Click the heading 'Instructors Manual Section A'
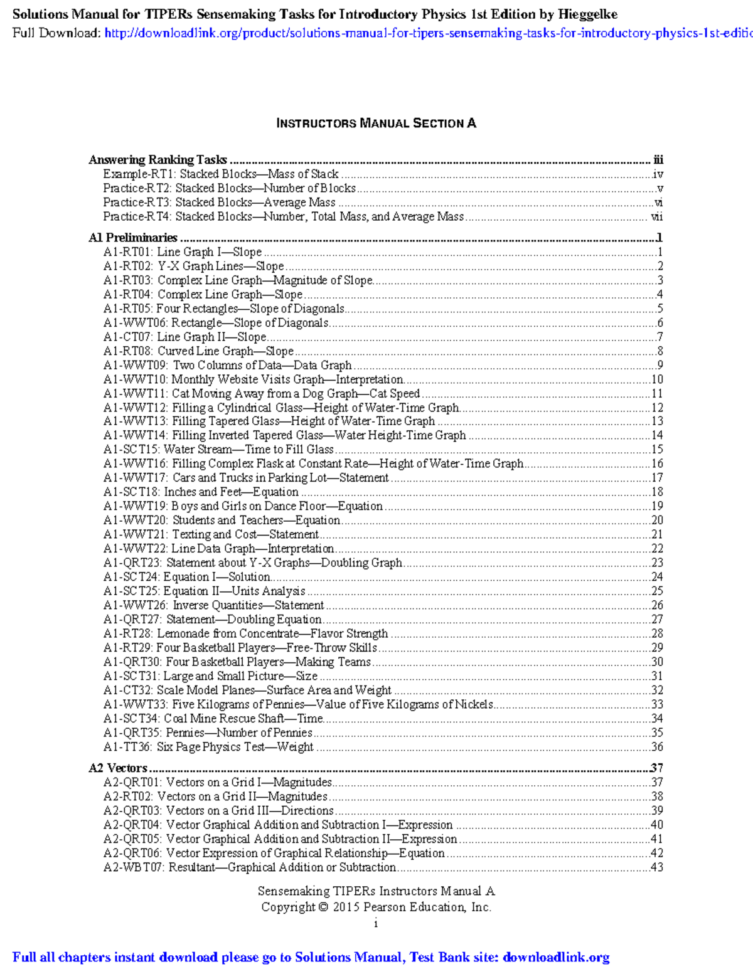pos(376,124)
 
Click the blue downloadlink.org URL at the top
pos(427,33)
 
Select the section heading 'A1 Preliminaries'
pos(133,238)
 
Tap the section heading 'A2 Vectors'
pos(118,768)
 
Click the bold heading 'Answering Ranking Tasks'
pos(158,160)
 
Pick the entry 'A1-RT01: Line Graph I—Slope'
pos(183,252)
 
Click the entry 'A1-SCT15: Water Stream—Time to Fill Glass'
pos(218,450)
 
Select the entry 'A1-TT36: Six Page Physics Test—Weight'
pos(208,747)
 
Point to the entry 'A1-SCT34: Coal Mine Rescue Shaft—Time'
pos(213,719)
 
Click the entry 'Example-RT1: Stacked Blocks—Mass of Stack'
pos(221,174)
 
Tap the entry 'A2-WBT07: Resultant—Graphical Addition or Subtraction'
pos(250,867)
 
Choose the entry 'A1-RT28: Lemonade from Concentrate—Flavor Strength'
pos(246,633)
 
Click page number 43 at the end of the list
pos(656,867)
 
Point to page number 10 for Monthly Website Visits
pos(656,379)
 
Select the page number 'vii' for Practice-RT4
pos(656,217)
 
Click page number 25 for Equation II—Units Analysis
pos(656,591)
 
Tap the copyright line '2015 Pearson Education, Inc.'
pos(376,907)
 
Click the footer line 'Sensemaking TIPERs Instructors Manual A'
pos(376,891)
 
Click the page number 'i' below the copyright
pos(376,923)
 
